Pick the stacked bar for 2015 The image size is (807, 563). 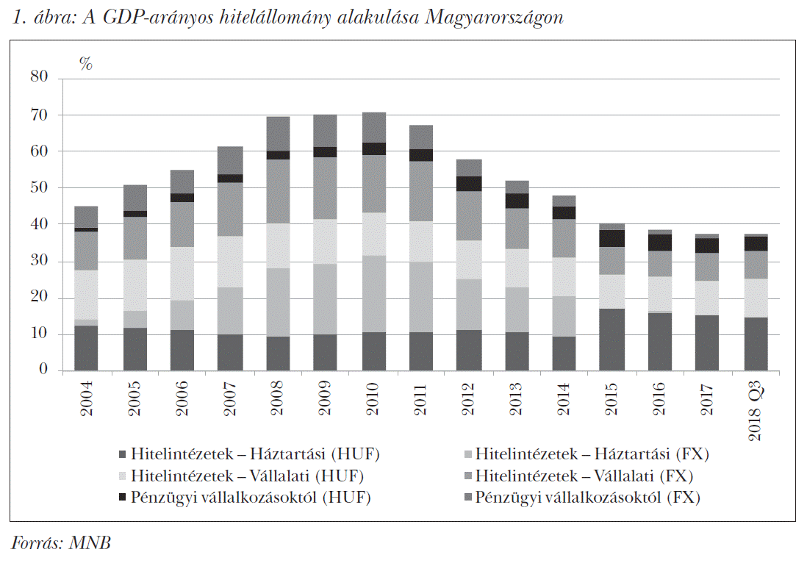click(611, 297)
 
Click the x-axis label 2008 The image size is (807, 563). click(278, 401)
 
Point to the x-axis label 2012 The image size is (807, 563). click(469, 401)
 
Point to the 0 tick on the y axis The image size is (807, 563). click(43, 370)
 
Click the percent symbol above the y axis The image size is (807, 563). click(86, 64)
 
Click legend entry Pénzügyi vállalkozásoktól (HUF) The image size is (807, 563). click(250, 498)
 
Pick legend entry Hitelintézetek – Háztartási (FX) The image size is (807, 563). click(591, 453)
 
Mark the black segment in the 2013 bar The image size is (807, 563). click(517, 201)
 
